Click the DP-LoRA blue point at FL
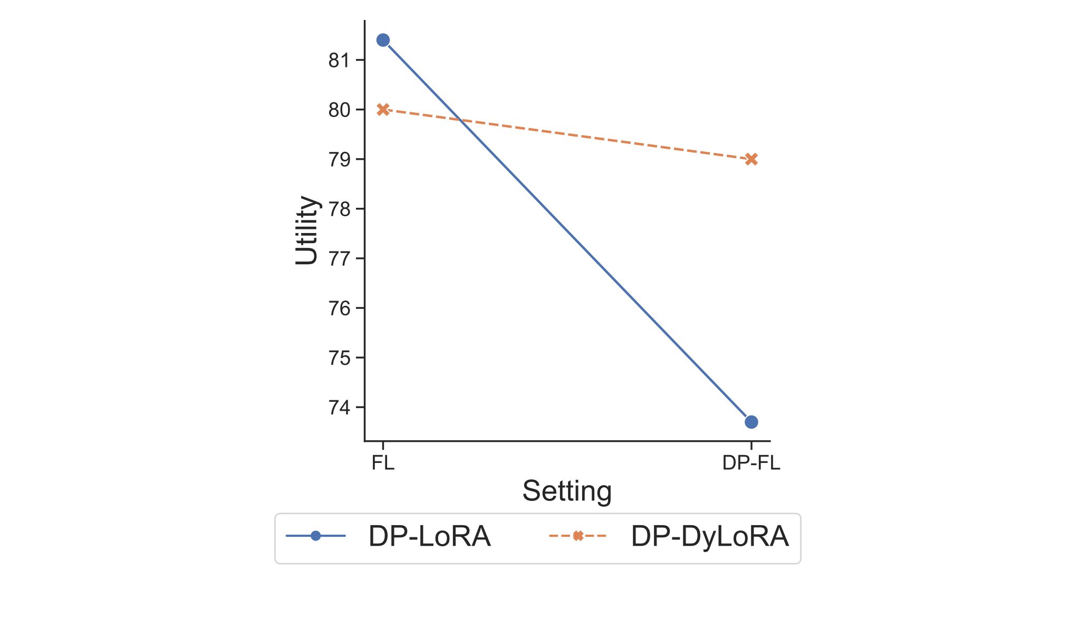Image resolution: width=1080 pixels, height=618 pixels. coord(383,40)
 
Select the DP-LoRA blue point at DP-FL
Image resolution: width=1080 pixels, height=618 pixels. coord(751,422)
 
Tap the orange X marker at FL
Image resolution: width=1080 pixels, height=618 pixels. coord(383,110)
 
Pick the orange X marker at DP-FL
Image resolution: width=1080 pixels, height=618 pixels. coord(751,159)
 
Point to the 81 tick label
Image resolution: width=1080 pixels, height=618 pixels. coord(339,61)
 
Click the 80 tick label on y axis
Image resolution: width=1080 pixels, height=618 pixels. coord(339,110)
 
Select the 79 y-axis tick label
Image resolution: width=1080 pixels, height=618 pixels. coord(339,160)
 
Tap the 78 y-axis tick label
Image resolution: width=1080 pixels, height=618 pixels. coord(339,209)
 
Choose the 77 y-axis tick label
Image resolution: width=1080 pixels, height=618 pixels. coord(339,259)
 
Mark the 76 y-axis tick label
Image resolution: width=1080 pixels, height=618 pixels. coord(339,308)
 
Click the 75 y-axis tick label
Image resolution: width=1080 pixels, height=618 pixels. coord(339,358)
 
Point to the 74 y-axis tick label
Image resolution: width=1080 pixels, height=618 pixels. coord(339,408)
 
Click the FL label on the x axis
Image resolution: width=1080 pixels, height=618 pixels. coord(383,463)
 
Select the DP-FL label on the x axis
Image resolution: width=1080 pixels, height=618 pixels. coord(751,463)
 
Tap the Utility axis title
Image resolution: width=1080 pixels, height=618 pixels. coord(307,230)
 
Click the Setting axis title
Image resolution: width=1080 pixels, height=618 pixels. coord(567,491)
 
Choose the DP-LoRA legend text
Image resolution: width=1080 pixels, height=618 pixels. coord(429,537)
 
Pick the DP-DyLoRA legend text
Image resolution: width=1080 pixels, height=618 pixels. coord(710,537)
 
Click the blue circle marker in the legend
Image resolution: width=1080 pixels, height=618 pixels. coord(316,536)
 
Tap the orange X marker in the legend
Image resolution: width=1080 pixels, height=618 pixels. coord(578,536)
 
